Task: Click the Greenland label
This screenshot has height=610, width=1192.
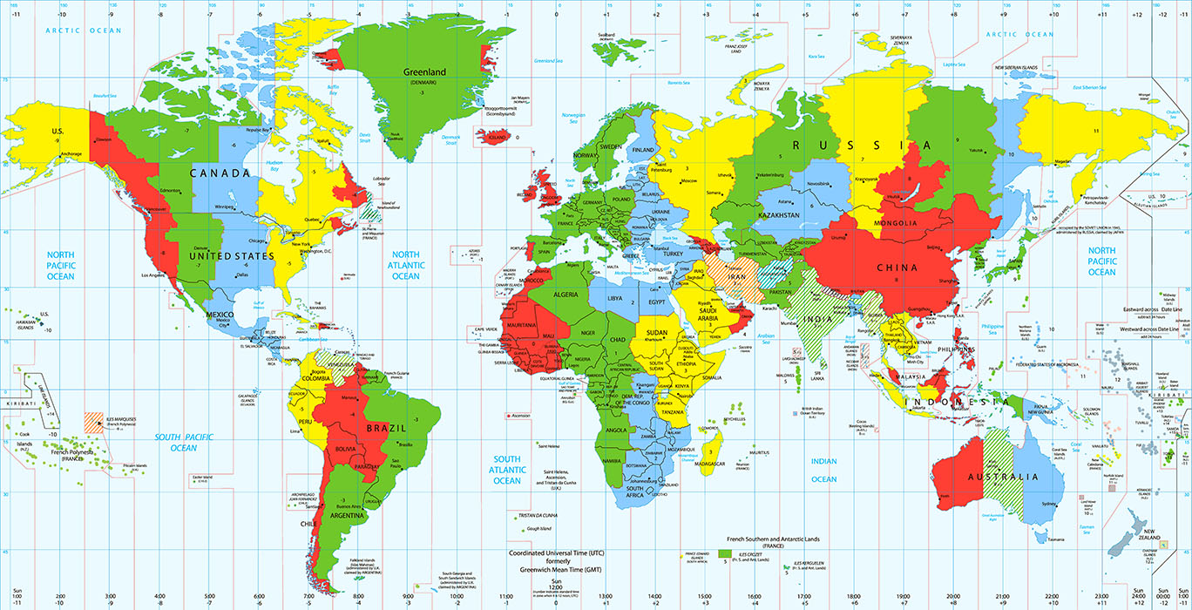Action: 424,72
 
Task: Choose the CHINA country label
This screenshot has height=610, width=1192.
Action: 897,268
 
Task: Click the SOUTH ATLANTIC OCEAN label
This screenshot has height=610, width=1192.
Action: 507,470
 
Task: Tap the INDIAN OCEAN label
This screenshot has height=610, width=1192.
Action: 823,470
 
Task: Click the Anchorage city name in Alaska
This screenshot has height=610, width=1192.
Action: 71,154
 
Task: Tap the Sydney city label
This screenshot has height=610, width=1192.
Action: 1049,505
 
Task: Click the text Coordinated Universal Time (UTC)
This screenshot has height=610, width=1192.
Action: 558,552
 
